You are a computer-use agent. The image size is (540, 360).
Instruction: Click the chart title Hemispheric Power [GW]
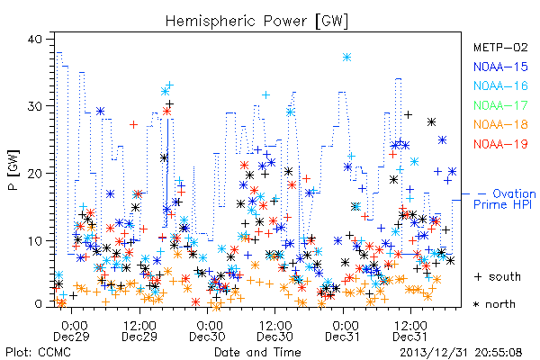256,22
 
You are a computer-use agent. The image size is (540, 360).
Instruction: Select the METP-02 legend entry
500,47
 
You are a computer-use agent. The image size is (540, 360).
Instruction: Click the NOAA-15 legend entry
500,67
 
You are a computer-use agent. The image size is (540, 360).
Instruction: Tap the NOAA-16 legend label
500,85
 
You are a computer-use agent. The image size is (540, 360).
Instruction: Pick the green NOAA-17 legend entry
500,105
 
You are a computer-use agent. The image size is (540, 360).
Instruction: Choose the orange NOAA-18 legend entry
500,124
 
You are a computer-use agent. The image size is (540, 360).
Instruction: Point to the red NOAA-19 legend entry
500,144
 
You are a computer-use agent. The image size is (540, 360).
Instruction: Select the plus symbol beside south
478,276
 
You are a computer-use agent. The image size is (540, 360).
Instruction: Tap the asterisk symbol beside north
476,304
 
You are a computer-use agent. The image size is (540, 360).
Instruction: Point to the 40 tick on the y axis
35,39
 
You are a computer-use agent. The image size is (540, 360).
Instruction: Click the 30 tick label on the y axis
35,106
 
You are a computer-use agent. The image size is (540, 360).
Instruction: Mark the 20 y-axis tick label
35,174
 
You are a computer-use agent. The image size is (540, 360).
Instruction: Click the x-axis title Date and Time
257,352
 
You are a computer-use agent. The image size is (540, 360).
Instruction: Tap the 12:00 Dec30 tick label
274,330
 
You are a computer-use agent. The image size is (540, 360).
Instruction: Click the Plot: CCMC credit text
38,352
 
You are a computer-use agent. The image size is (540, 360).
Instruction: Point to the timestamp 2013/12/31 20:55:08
461,353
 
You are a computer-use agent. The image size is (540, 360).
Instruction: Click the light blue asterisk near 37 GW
346,58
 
